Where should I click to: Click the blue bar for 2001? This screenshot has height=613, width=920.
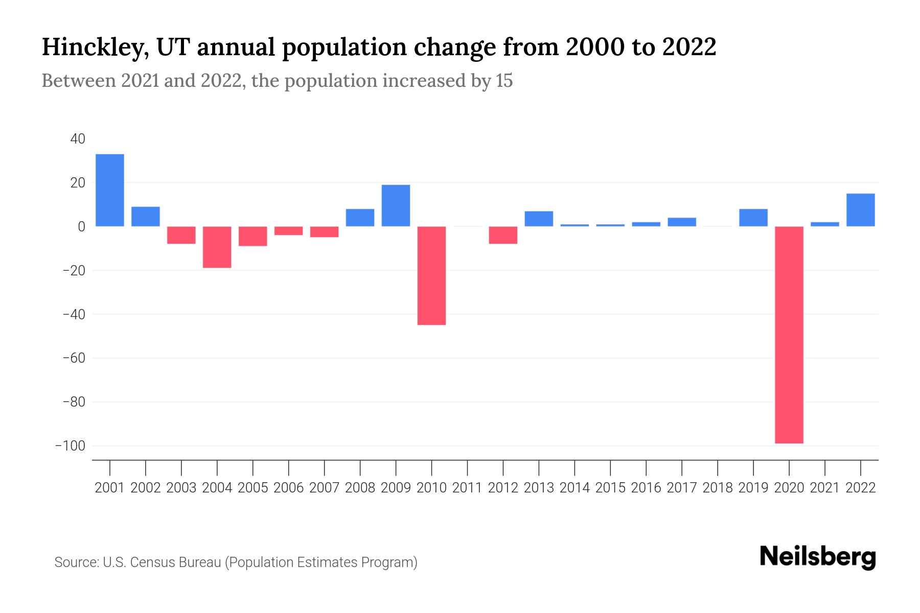pos(110,190)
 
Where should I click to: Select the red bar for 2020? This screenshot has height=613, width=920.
pos(789,335)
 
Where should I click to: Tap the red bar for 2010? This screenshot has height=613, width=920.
pos(431,275)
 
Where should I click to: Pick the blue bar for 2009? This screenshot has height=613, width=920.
pos(396,205)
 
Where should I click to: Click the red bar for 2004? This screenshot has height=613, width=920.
pos(217,247)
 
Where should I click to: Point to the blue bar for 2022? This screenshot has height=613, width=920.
pos(861,210)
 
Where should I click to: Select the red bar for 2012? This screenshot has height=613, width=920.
pos(503,235)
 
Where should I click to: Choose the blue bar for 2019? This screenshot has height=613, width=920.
pos(753,218)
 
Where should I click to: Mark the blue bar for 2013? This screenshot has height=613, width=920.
pos(539,219)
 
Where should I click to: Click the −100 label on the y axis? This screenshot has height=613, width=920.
pos(70,446)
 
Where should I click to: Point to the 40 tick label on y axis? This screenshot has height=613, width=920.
pos(78,139)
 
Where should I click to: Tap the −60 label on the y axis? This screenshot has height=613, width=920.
pos(74,358)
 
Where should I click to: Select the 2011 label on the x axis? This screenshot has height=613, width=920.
pos(467,488)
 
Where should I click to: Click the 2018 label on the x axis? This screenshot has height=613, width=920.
pos(718,488)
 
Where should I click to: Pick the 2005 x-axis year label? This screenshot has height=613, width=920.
pos(253,488)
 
